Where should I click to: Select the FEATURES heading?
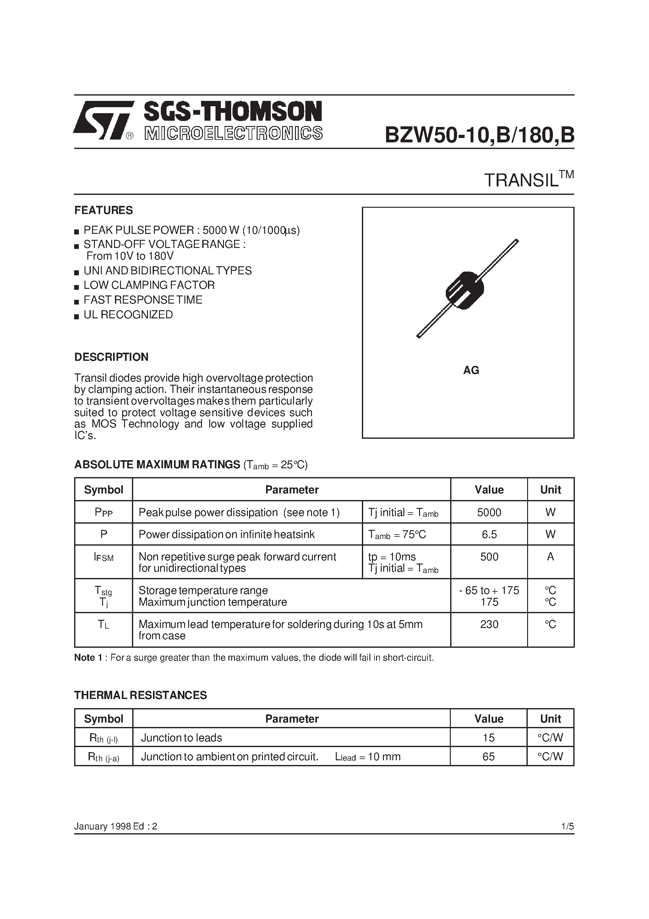coord(103,210)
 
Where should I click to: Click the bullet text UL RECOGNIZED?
coord(128,315)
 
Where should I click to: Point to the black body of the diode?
coord(465,290)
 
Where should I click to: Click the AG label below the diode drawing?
coord(471,370)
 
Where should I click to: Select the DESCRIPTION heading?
coord(111,357)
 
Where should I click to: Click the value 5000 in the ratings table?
coord(489,512)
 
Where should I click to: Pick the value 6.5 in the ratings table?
coord(489,534)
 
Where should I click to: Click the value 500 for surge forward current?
coord(489,557)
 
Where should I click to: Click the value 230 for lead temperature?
coord(489,625)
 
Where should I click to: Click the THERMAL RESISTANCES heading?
coord(140,695)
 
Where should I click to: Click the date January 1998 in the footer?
coord(102,826)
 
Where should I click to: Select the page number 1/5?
coord(567,826)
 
